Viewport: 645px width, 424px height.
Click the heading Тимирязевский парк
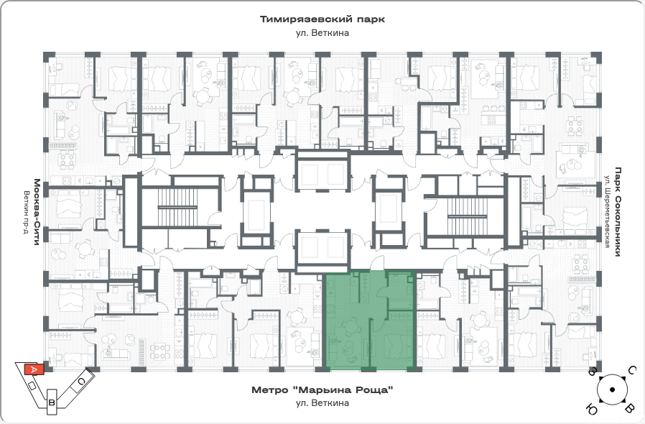coord(322,19)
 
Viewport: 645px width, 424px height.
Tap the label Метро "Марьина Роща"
coord(322,390)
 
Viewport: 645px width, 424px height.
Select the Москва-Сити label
coord(37,212)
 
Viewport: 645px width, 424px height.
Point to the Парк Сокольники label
coord(618,211)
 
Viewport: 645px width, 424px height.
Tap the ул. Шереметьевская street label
coord(607,211)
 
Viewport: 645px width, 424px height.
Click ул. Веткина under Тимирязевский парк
coord(322,33)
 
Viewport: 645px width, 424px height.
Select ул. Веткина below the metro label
coord(322,403)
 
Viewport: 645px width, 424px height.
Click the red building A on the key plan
coord(34,369)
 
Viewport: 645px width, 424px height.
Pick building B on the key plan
coord(52,402)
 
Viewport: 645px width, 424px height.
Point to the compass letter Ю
coord(591,410)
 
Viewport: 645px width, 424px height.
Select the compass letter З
coord(593,372)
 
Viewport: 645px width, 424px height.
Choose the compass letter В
coord(629,409)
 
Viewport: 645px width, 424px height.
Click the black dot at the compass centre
coord(612,390)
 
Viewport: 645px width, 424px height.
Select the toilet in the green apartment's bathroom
coord(394,280)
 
